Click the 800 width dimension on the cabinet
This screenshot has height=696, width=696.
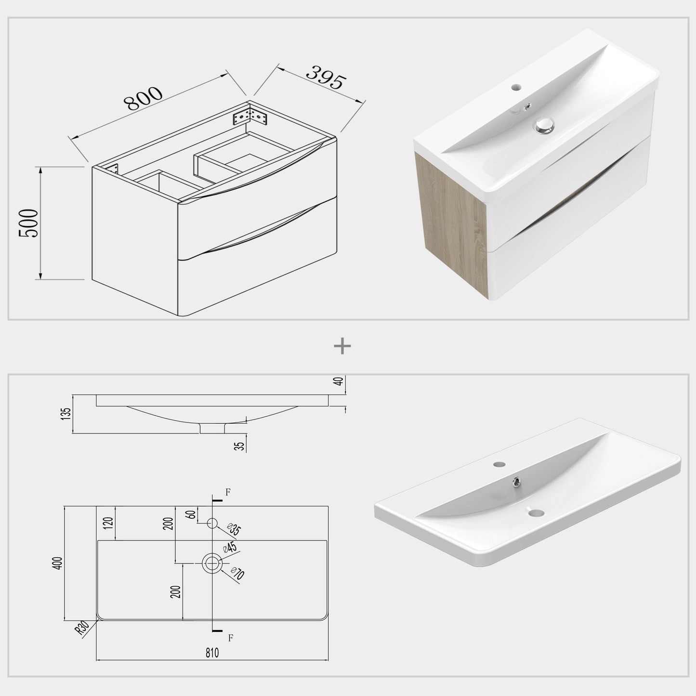pyautogui.click(x=144, y=98)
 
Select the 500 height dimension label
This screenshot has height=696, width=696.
pyautogui.click(x=28, y=223)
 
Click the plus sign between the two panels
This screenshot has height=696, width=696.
pyautogui.click(x=342, y=346)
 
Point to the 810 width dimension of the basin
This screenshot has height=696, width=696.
pyautogui.click(x=212, y=653)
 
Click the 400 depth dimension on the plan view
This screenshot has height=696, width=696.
pyautogui.click(x=58, y=563)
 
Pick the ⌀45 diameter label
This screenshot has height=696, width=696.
pyautogui.click(x=229, y=547)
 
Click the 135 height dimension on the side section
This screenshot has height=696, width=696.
pyautogui.click(x=66, y=414)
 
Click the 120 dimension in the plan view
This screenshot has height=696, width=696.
pyautogui.click(x=108, y=523)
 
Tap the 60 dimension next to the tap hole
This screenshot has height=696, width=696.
pyautogui.click(x=192, y=514)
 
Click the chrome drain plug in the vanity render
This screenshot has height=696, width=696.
pyautogui.click(x=543, y=126)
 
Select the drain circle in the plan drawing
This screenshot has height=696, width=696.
pyautogui.click(x=212, y=563)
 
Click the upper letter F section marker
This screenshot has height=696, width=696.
pyautogui.click(x=228, y=492)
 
